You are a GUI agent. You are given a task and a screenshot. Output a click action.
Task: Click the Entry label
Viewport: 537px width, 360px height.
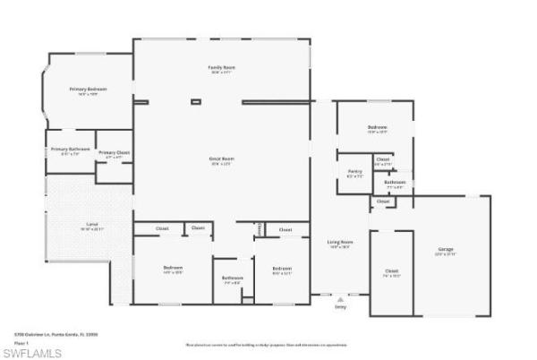point(340,306)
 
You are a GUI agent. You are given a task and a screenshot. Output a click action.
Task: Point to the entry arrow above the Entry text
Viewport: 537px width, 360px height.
point(340,299)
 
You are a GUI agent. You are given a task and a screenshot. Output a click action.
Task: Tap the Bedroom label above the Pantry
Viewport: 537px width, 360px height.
point(377,128)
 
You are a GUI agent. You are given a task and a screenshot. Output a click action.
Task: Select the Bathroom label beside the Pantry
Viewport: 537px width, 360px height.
point(395,183)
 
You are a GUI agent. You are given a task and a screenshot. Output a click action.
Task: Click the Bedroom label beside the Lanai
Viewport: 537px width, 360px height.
point(173,268)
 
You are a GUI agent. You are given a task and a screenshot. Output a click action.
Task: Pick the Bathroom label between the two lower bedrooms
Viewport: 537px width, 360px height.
point(233,278)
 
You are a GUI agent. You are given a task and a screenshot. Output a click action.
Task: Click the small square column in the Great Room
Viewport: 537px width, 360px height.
point(196,102)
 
